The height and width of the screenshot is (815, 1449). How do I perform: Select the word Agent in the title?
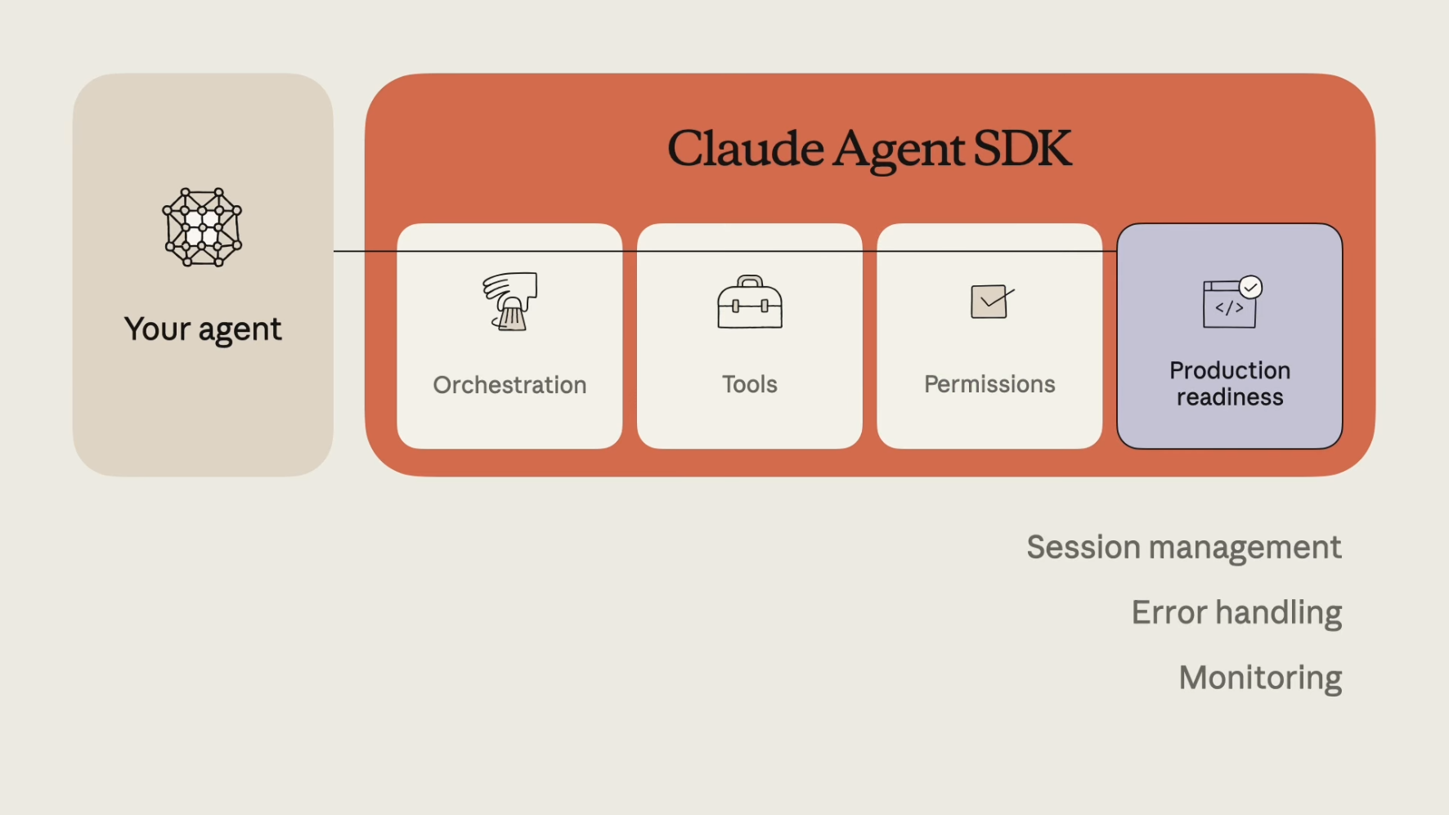pos(899,152)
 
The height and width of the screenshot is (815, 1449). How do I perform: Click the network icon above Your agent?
pos(202,227)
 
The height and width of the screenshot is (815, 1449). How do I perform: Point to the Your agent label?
pos(203,329)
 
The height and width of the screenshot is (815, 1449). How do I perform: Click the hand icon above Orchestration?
pos(509,302)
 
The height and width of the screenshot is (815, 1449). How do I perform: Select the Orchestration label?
pos(509,385)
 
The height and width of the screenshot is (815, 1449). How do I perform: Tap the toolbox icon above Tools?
pos(750,302)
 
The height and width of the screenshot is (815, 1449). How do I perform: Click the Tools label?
pos(750,384)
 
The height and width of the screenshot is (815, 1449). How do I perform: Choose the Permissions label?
pos(989,384)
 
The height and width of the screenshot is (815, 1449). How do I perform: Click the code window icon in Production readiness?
pos(1229,304)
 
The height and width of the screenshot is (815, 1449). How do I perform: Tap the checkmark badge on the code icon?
pos(1250,287)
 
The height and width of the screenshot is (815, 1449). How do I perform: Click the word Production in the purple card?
pos(1230,370)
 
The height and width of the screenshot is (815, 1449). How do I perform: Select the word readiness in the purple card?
pos(1230,397)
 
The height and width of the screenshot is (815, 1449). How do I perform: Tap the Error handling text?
pos(1236,613)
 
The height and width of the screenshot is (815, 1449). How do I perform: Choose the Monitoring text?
pos(1260,678)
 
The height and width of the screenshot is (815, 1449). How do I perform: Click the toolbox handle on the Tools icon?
pos(750,281)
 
